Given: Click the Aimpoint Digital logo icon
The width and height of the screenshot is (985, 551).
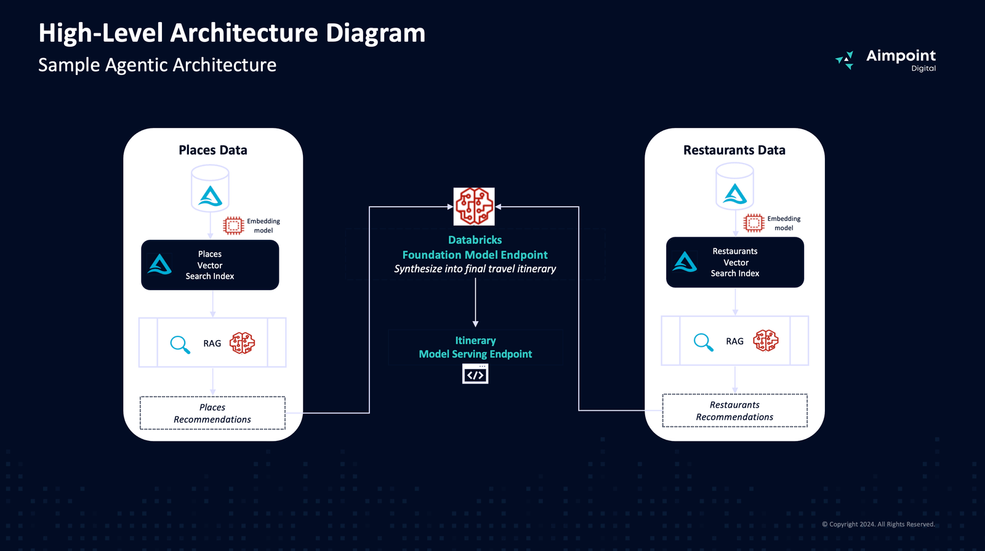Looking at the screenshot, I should (845, 60).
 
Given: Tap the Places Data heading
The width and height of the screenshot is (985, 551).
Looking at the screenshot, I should (213, 150).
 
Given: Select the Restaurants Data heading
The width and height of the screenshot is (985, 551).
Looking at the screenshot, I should (734, 150).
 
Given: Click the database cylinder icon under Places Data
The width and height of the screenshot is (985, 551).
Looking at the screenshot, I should (210, 189).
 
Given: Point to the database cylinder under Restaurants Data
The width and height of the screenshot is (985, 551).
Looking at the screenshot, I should (734, 187).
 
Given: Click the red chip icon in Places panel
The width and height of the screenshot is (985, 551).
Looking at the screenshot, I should (233, 226).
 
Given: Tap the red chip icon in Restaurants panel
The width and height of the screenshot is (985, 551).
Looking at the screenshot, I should (754, 223).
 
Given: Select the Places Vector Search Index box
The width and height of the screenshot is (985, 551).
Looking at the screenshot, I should (210, 265).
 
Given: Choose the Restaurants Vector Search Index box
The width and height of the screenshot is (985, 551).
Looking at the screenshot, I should (734, 263).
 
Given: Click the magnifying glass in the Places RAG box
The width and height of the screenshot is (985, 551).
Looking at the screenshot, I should (180, 344).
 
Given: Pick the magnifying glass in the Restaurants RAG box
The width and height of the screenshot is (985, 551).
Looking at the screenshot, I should (703, 341).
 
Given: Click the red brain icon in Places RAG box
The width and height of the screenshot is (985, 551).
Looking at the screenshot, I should (242, 343).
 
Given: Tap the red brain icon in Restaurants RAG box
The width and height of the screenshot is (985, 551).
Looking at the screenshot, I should (765, 341).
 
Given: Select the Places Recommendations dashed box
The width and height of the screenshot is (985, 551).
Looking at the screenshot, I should (212, 413).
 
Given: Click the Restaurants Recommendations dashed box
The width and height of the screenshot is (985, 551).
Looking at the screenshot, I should (734, 411).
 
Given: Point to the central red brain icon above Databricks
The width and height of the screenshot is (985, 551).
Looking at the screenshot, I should (474, 207).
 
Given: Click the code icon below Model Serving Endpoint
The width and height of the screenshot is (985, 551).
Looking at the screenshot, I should (475, 374).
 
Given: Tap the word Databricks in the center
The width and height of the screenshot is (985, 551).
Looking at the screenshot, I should (475, 240).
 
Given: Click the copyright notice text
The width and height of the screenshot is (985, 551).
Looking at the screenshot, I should (878, 525).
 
